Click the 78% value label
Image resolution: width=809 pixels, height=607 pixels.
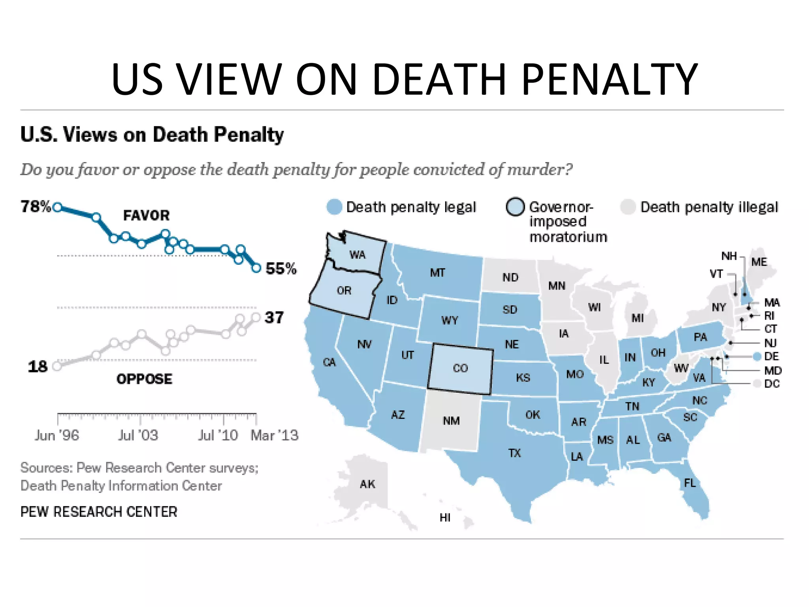click(x=36, y=206)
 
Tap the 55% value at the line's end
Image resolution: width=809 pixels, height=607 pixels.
click(x=281, y=269)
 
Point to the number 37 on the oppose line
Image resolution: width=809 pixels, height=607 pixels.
click(x=274, y=317)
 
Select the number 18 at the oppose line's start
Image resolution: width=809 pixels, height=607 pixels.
click(x=38, y=367)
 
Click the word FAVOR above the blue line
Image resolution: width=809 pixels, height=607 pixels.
click(x=146, y=215)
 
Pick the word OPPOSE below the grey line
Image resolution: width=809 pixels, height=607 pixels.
click(x=144, y=379)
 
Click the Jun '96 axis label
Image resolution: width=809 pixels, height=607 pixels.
click(x=57, y=435)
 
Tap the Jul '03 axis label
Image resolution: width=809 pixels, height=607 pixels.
click(x=138, y=435)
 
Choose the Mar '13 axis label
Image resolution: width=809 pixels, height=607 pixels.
click(x=275, y=435)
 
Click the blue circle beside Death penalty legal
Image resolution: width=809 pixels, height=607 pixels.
click(x=334, y=207)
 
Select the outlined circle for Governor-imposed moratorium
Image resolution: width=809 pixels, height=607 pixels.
click(x=515, y=207)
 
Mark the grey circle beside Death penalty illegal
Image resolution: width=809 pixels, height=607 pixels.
click(x=628, y=207)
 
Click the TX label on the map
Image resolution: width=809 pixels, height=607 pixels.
click(x=514, y=453)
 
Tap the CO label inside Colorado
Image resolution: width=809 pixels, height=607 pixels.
click(x=460, y=368)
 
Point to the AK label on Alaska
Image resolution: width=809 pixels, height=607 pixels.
click(x=367, y=484)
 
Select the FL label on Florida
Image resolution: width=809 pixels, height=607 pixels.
click(x=690, y=483)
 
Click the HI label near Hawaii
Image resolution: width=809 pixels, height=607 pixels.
click(x=445, y=518)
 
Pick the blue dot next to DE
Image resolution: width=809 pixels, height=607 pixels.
click(x=757, y=356)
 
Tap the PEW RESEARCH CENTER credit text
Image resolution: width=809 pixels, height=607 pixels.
click(x=99, y=512)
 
